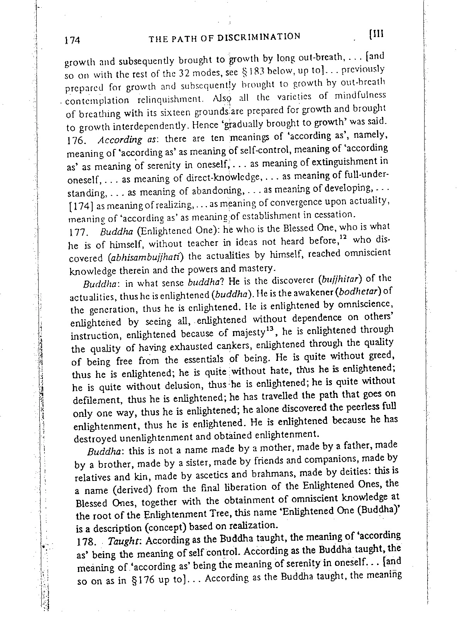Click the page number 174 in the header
73,40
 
